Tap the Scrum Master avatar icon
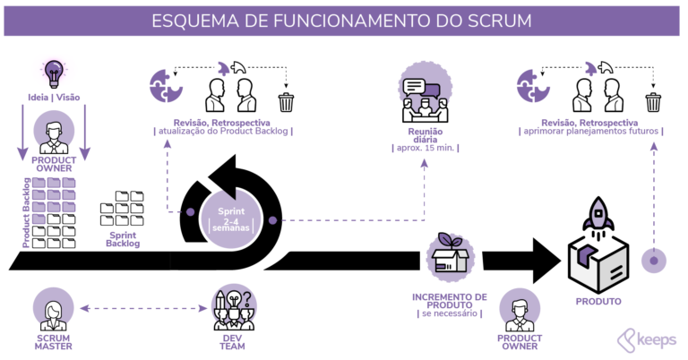53,309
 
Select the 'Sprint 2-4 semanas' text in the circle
231,219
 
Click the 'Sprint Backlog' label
123,238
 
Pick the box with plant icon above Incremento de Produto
450,255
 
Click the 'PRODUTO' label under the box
598,302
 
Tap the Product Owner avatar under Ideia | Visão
53,134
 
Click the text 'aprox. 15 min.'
423,147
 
